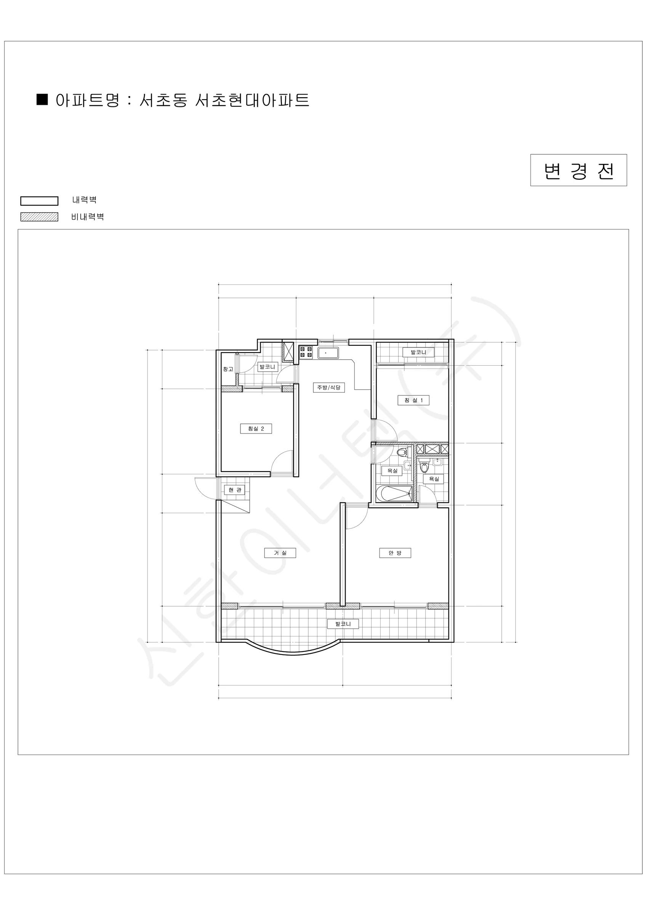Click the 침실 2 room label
[256, 429]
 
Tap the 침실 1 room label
[413, 400]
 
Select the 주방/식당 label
[329, 387]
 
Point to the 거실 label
[280, 553]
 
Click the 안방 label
[395, 553]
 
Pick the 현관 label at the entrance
[234, 490]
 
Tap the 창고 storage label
[228, 369]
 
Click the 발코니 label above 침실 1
[418, 352]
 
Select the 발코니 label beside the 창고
[267, 367]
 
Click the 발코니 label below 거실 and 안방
[343, 624]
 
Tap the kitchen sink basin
[328, 353]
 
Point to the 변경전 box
[578, 170]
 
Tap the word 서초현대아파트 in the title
[252, 100]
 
